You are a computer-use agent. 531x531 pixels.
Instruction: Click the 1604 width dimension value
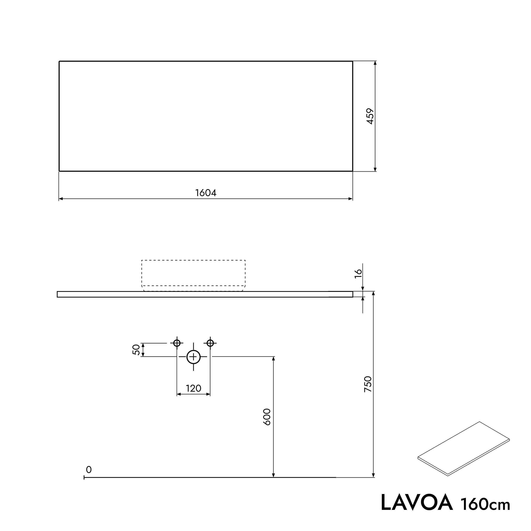pyautogui.click(x=206, y=193)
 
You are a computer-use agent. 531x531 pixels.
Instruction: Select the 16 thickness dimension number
pyautogui.click(x=358, y=274)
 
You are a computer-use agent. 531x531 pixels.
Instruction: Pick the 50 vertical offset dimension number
pyautogui.click(x=137, y=350)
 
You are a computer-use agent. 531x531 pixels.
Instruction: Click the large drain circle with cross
pyautogui.click(x=193, y=357)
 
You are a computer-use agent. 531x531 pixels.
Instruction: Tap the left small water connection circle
pyautogui.click(x=177, y=343)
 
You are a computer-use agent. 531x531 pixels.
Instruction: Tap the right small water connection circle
pyautogui.click(x=210, y=343)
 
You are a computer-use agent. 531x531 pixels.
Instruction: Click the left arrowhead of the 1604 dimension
pyautogui.click(x=61, y=199)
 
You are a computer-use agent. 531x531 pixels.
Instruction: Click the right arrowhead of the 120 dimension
pyautogui.click(x=208, y=394)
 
